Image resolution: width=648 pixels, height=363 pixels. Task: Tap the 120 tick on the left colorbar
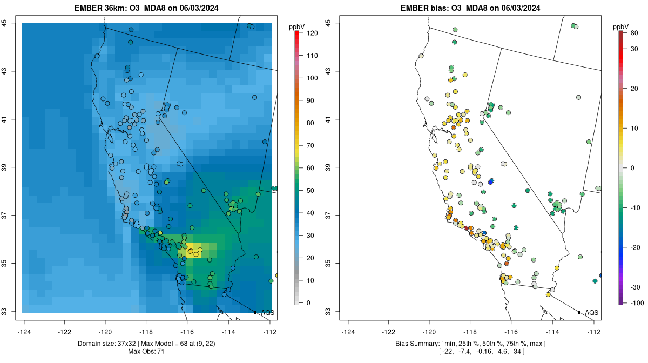[312, 33]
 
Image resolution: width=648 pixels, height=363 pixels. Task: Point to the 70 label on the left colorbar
[311, 146]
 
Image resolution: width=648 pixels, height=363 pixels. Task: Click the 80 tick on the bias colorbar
[634, 33]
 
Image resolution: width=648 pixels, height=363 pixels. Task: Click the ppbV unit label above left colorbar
[297, 26]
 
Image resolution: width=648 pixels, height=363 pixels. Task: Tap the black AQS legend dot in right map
[579, 312]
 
